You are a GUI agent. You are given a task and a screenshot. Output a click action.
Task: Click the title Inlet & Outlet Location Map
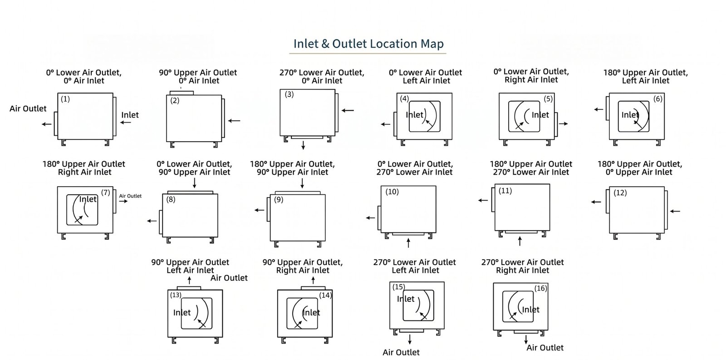(x=368, y=44)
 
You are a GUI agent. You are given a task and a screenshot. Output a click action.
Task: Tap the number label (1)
(x=65, y=99)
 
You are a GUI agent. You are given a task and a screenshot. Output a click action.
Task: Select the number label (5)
(x=548, y=99)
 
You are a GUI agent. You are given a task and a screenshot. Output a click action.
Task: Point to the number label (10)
(x=392, y=192)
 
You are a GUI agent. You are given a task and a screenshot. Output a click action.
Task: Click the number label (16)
(x=540, y=288)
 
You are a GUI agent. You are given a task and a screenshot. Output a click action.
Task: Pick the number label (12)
(x=620, y=192)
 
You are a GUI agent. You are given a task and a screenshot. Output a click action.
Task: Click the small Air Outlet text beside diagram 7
(x=130, y=196)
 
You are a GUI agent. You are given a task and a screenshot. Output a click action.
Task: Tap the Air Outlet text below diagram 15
(x=401, y=352)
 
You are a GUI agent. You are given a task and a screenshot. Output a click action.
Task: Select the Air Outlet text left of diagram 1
(x=28, y=108)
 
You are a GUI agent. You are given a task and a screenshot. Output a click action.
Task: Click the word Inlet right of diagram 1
(x=130, y=115)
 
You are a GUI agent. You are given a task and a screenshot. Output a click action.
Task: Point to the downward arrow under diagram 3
(x=303, y=145)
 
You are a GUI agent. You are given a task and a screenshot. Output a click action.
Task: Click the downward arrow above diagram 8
(x=194, y=183)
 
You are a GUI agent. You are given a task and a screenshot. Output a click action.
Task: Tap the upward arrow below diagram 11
(x=520, y=241)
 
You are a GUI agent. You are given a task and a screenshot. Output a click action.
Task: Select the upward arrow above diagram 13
(x=189, y=281)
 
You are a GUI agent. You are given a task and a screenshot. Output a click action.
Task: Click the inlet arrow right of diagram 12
(x=675, y=211)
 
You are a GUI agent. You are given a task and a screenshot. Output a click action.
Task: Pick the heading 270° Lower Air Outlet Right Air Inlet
(x=522, y=266)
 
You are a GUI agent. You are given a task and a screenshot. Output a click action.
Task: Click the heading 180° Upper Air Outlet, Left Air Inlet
(x=645, y=76)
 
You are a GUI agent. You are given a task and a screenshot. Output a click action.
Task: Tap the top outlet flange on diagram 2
(x=181, y=93)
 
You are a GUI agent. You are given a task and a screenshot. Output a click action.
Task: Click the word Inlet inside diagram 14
(x=311, y=312)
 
